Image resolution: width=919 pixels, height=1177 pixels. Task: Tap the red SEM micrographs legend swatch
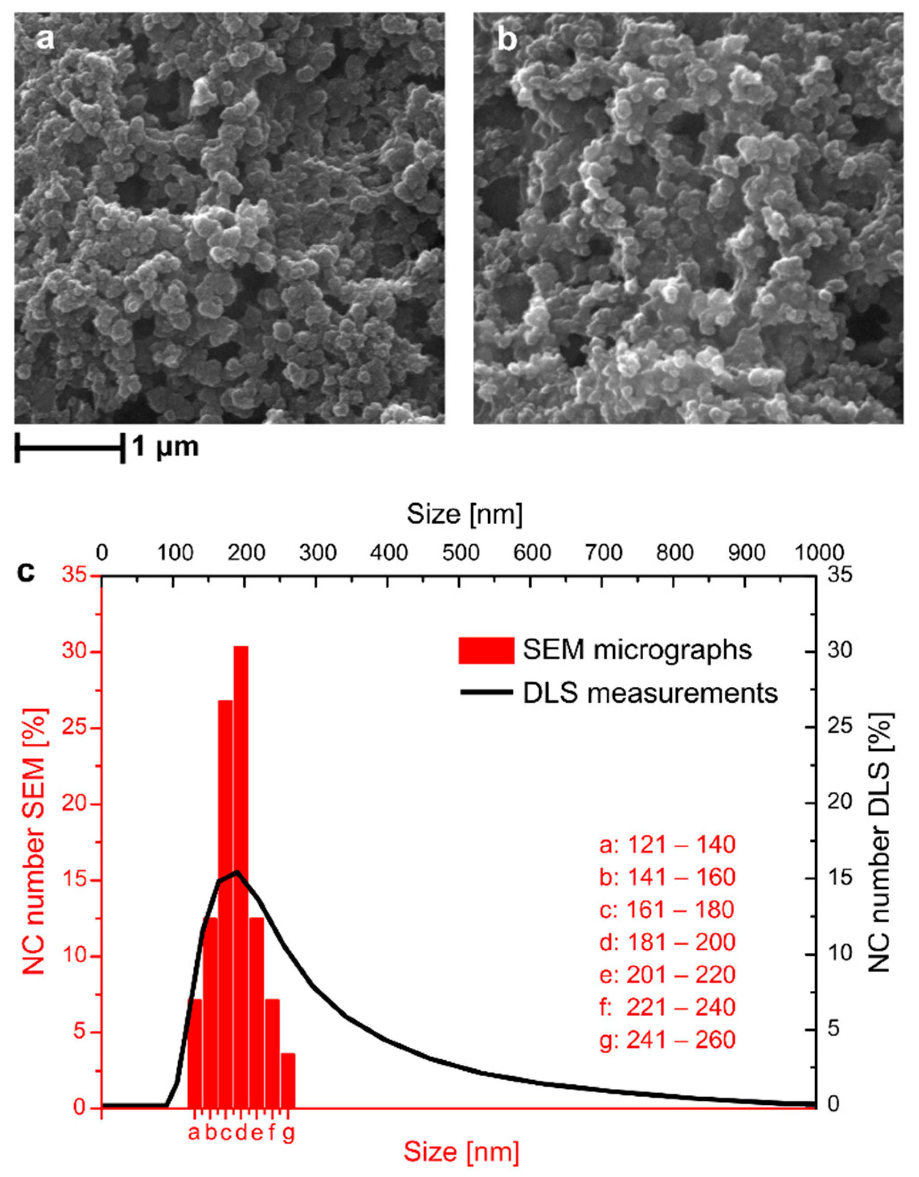pos(486,651)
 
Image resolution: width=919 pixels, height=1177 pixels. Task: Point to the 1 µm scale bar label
pos(165,446)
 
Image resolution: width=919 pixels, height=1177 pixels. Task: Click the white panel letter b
pos(507,41)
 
